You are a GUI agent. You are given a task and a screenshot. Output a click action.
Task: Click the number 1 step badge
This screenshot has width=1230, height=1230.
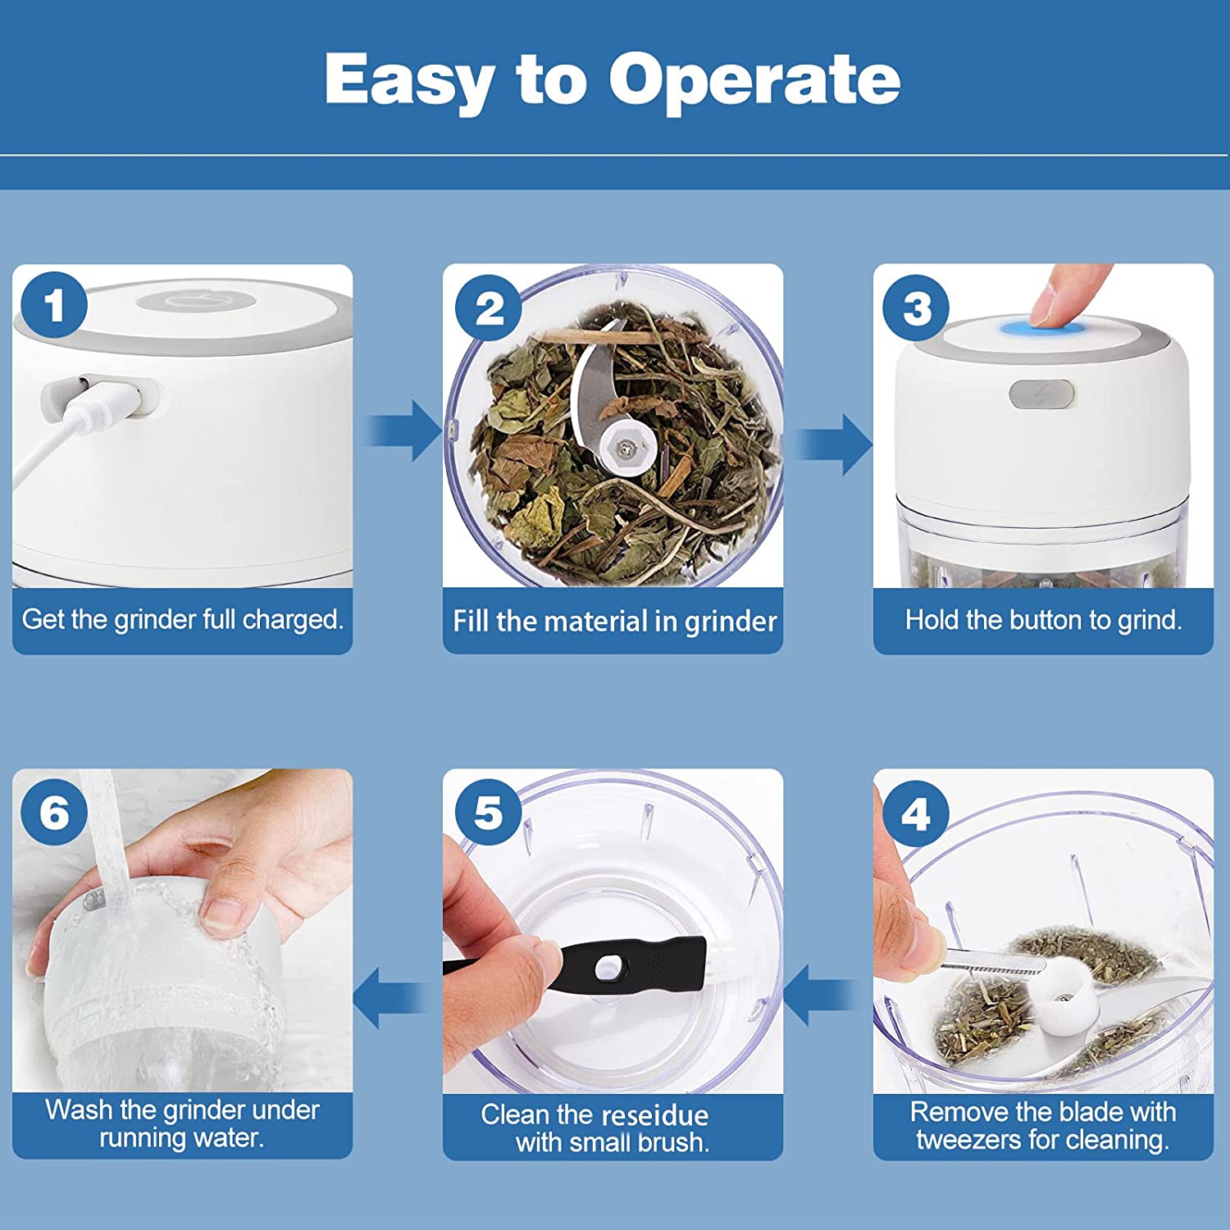[54, 305]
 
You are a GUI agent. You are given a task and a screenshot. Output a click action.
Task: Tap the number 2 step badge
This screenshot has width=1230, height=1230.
[490, 307]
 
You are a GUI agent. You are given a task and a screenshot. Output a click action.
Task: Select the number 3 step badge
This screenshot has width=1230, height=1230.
[917, 308]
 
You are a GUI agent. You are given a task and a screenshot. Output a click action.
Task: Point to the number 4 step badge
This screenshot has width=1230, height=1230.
[915, 813]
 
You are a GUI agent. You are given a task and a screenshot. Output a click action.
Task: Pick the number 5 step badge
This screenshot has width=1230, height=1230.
[489, 813]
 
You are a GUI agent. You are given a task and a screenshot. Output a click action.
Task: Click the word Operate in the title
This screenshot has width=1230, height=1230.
[754, 80]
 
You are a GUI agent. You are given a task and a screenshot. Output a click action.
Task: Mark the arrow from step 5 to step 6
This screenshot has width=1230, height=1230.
[392, 996]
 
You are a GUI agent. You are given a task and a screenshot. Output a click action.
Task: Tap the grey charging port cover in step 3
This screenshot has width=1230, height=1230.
[1041, 394]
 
